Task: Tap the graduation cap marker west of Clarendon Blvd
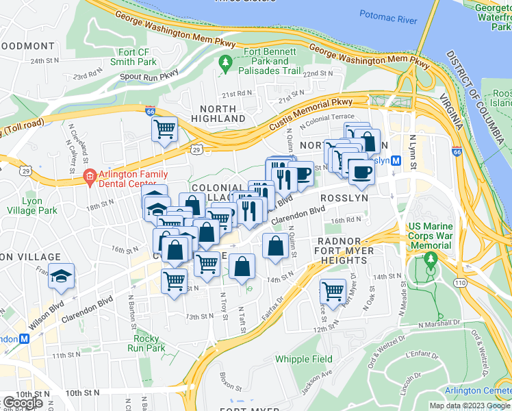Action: point(61,277)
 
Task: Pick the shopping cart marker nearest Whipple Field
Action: point(333,291)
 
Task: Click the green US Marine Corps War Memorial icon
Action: point(430,261)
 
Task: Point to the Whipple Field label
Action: point(303,359)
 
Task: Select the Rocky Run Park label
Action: point(147,343)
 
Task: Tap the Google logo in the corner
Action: point(23,402)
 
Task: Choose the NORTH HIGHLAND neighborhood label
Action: point(222,114)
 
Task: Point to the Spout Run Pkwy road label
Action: point(149,74)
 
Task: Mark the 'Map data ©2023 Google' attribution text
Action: point(470,406)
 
